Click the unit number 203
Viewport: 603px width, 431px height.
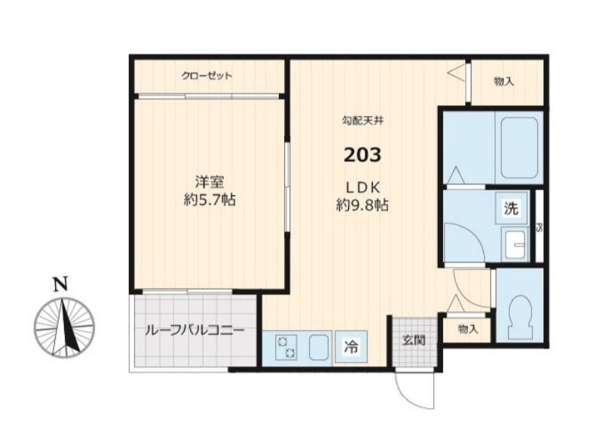[363, 156]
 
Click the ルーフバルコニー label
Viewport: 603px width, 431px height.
[194, 330]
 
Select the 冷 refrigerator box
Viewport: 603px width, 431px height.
[351, 347]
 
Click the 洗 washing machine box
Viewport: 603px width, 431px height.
[511, 210]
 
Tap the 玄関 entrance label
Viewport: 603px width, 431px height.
[414, 341]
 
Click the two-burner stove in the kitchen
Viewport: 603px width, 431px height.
[287, 347]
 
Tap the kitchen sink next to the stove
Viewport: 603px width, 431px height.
[317, 347]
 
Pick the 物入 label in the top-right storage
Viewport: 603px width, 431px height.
[504, 81]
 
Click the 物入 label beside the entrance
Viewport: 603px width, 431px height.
[467, 329]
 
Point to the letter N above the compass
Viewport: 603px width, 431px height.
[61, 285]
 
